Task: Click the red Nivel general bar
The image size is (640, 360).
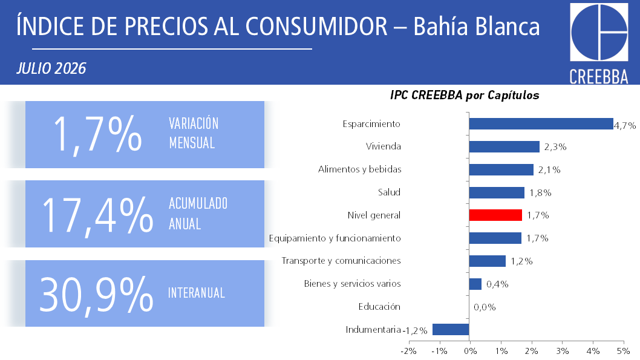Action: click(495, 215)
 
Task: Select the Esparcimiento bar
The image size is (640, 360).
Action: click(541, 123)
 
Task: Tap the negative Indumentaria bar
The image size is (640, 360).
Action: click(451, 329)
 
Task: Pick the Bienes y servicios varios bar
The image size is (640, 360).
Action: click(475, 284)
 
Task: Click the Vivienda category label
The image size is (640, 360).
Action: click(384, 146)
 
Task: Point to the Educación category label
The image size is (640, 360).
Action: click(379, 307)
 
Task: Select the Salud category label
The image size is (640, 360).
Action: click(389, 192)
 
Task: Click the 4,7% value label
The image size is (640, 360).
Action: click(625, 126)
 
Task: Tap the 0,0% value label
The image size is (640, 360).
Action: click(485, 307)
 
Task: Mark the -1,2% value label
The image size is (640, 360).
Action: click(415, 330)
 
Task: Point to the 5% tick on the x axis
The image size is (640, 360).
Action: click(623, 351)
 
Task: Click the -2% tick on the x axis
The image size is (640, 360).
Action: click(408, 351)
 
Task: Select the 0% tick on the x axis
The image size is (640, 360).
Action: click(470, 351)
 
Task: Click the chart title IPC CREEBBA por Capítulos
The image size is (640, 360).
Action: click(465, 95)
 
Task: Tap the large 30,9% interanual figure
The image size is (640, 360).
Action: click(96, 294)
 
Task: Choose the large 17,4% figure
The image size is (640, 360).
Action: click(97, 215)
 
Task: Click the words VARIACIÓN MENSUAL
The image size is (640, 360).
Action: click(194, 133)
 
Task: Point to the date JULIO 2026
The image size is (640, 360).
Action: click(51, 68)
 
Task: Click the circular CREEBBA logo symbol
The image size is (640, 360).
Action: click(599, 32)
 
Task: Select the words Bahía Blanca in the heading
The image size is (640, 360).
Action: click(476, 27)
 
